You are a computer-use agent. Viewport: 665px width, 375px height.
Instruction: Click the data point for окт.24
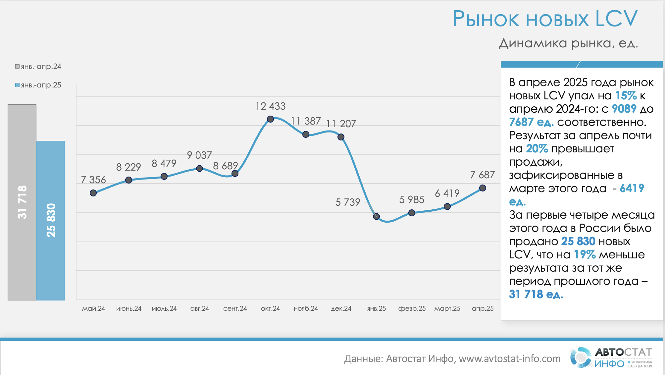(270, 119)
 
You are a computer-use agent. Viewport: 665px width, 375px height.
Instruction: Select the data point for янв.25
(376, 216)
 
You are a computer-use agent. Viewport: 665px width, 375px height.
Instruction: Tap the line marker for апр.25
(483, 188)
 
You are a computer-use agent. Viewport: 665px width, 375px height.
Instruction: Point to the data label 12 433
(270, 106)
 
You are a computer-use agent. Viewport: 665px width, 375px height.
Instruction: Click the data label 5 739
(347, 202)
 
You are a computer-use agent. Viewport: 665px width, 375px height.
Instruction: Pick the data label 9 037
(199, 155)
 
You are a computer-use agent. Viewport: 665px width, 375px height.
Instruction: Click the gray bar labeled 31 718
(22, 202)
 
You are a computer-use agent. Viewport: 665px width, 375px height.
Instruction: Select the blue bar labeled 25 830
(50, 220)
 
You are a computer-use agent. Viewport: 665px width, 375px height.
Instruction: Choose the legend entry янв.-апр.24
(38, 67)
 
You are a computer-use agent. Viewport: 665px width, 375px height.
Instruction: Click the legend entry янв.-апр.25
(38, 85)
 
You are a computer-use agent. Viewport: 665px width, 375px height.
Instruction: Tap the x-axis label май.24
(93, 308)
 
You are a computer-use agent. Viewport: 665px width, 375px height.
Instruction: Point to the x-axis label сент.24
(235, 308)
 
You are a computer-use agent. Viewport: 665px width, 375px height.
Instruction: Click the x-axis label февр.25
(412, 308)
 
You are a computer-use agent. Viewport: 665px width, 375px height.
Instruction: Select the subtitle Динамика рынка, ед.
(568, 43)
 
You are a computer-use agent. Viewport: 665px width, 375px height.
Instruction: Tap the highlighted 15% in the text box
(626, 96)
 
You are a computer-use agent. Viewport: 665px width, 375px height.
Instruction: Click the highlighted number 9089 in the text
(624, 109)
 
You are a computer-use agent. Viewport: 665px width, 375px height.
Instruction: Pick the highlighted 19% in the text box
(585, 254)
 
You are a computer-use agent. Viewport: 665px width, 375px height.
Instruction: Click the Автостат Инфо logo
(611, 357)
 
